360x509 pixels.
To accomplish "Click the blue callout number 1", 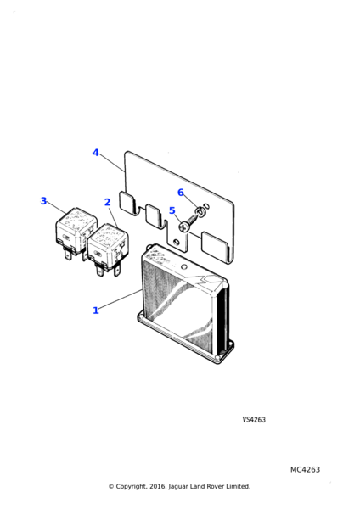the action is coord(96,310).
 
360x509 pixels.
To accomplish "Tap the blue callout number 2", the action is coord(108,202).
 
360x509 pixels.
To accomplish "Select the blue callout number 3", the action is coord(43,201).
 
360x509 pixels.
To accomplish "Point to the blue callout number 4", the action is coord(96,153).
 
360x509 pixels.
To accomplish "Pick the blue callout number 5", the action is coord(172,210).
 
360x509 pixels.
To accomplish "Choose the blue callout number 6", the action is coord(181,193).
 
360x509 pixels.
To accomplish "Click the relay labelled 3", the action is coord(75,232).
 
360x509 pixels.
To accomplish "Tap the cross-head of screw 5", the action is coord(184,227).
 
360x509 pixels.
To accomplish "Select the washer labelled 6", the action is coord(200,213).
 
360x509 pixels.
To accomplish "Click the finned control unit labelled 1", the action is coord(186,304).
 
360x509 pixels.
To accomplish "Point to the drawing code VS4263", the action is coord(254,420).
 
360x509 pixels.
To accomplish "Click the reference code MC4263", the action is coord(305,470).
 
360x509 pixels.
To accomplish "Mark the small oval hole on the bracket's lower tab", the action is coord(176,242).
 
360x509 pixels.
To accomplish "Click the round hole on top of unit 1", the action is coord(184,267).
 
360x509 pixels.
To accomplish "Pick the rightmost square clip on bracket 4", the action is coord(215,246).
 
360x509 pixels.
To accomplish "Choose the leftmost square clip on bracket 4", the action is coord(127,202).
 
